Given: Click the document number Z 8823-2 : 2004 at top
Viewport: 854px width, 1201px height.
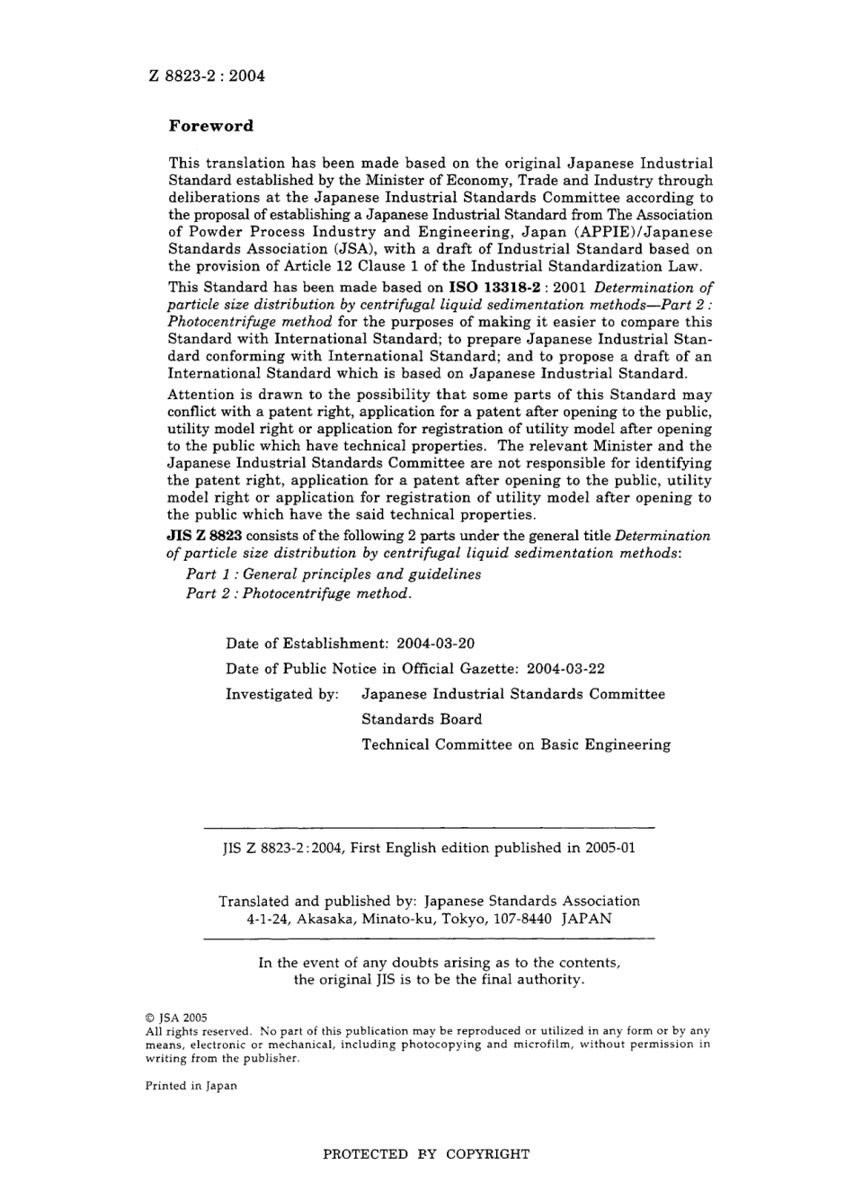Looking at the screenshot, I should pos(207,76).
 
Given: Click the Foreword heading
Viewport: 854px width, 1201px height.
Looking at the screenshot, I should pos(211,126).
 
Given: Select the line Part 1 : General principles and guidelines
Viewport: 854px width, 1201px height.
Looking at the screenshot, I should pos(333,574).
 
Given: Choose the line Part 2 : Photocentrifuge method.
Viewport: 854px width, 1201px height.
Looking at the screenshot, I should pos(298,594).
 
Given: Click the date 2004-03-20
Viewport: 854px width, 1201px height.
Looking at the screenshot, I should pos(436,644).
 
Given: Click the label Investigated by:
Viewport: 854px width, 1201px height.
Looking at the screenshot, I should pos(282,694).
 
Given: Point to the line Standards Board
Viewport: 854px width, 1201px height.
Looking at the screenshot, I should pos(422,719).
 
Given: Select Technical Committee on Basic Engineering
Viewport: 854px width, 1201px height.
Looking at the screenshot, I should pos(516,744).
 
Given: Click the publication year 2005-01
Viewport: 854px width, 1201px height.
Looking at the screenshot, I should pos(611,848).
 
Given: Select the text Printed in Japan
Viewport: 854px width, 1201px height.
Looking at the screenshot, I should pos(191,1086).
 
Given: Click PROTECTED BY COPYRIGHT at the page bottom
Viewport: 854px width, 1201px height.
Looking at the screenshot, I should pos(426,1154).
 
